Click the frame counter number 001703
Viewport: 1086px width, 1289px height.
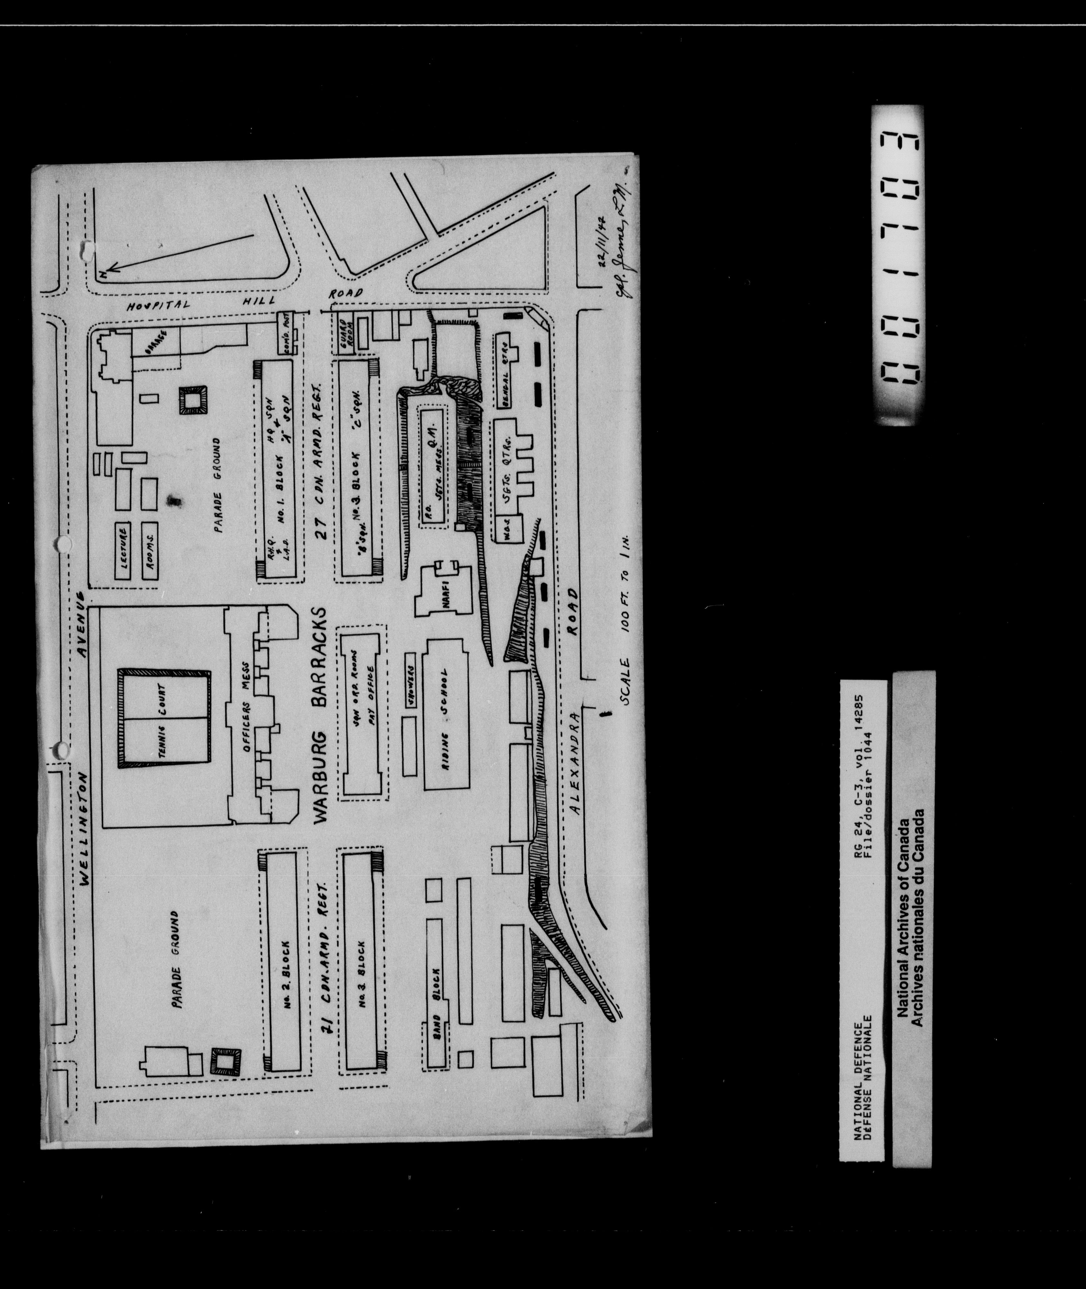tap(897, 265)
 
